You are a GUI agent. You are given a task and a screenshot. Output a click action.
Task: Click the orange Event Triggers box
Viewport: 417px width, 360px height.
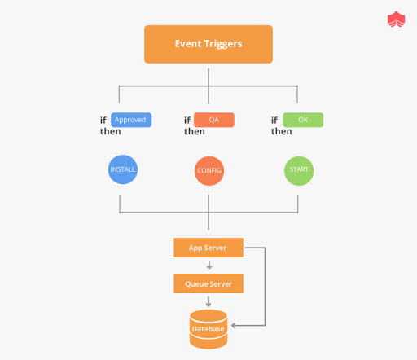pyautogui.click(x=208, y=44)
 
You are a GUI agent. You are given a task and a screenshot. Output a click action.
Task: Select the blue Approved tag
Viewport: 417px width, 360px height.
pyautogui.click(x=130, y=120)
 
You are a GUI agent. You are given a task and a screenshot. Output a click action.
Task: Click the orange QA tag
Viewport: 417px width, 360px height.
pyautogui.click(x=214, y=120)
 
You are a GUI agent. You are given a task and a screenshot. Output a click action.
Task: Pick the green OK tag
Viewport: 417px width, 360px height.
pyautogui.click(x=302, y=120)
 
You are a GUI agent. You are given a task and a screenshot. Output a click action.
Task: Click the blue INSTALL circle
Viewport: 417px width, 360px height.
pyautogui.click(x=122, y=171)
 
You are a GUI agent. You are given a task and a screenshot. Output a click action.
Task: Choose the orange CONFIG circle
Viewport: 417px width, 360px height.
pyautogui.click(x=209, y=171)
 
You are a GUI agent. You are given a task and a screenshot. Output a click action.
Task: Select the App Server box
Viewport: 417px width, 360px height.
pyautogui.click(x=208, y=247)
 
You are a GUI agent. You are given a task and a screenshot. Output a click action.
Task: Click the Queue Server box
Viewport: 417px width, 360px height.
pyautogui.click(x=208, y=283)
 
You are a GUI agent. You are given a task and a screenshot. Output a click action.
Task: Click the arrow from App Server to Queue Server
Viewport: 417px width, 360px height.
pyautogui.click(x=208, y=266)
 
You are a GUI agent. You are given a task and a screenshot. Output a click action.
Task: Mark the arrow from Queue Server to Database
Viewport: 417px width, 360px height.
pyautogui.click(x=208, y=301)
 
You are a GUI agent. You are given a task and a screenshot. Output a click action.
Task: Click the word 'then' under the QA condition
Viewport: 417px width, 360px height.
pyautogui.click(x=195, y=132)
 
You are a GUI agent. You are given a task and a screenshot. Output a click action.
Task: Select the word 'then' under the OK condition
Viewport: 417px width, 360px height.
pyautogui.click(x=282, y=132)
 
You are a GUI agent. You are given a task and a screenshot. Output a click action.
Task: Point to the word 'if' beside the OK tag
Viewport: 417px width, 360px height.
pyautogui.click(x=275, y=121)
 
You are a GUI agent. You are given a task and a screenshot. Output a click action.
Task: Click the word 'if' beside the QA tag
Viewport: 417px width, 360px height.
pyautogui.click(x=187, y=121)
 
